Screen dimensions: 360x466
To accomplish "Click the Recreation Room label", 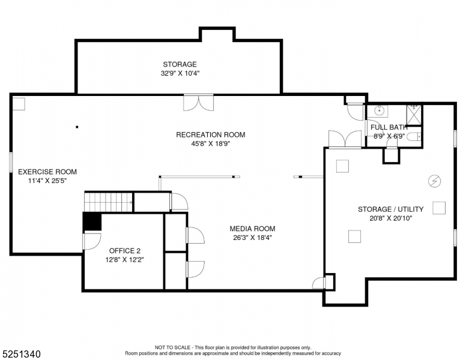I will (x=210, y=134).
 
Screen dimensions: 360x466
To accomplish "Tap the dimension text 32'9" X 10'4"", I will (x=180, y=73).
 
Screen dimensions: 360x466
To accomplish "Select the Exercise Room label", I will (x=47, y=172).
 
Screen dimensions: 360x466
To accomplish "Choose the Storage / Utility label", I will (x=390, y=209).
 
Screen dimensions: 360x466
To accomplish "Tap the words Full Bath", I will (x=389, y=127).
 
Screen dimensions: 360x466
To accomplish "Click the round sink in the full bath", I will (x=379, y=110).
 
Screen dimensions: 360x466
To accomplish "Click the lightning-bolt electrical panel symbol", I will (x=434, y=180).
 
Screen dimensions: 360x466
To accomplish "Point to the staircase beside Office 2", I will (x=107, y=202).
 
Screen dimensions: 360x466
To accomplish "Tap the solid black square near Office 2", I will (x=92, y=221).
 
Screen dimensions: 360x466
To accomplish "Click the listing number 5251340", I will (x=21, y=354).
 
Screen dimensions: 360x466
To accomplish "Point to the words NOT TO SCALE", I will (x=172, y=347).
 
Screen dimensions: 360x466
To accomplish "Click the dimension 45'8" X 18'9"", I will (x=210, y=143).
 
